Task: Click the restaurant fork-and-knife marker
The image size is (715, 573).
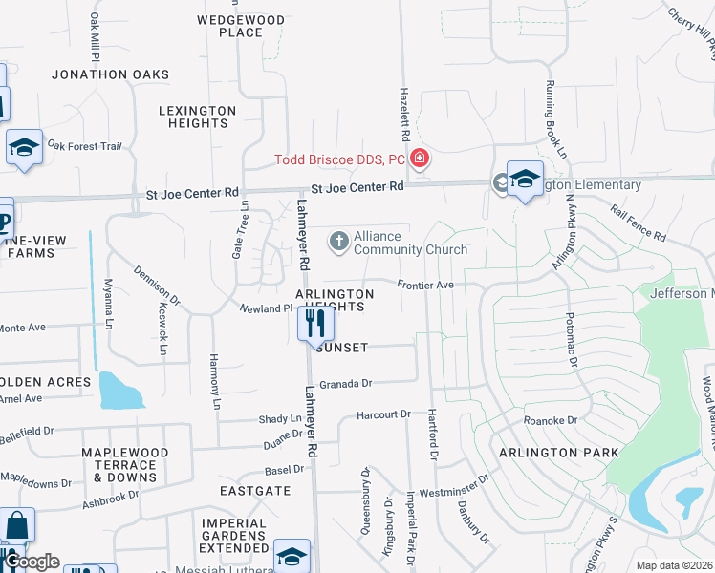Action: point(315,323)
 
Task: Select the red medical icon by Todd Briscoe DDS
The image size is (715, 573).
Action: point(419,159)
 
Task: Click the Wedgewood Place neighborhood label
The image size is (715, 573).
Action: point(241,26)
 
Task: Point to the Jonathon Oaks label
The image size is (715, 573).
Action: point(111,74)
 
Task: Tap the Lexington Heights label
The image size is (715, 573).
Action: point(197,117)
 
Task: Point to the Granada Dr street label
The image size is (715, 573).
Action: point(345,383)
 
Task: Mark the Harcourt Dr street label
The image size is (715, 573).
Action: point(382,414)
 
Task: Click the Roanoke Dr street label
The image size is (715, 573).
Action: point(551,420)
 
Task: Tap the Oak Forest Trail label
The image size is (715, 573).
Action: point(85,146)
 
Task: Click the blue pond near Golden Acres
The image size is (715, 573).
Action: point(119,391)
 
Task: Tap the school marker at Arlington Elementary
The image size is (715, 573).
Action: point(524,179)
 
